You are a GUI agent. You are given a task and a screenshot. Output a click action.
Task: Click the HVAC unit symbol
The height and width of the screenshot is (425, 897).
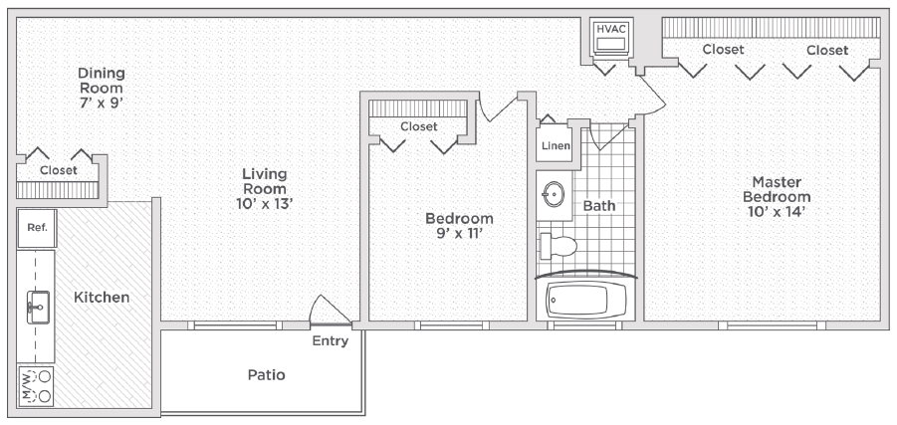(611, 38)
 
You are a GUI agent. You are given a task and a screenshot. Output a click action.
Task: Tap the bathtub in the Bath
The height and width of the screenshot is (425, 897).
(585, 300)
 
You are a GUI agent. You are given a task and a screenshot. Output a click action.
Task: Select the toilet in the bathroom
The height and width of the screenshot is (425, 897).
(559, 246)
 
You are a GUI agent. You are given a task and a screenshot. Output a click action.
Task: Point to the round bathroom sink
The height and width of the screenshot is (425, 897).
(554, 194)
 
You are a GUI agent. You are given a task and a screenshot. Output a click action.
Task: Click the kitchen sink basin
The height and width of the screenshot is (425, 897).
(38, 308)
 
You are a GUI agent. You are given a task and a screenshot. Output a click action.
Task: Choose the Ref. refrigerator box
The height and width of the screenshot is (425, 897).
(37, 228)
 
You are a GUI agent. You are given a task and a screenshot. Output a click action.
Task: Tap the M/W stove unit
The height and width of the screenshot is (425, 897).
(36, 386)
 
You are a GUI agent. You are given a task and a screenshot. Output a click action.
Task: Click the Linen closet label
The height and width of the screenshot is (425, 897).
(557, 146)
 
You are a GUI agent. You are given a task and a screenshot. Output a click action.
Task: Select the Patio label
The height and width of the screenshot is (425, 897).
(266, 375)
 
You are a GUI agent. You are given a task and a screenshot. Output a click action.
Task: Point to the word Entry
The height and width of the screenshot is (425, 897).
(331, 341)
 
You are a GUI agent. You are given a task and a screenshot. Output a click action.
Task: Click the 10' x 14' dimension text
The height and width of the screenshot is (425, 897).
(777, 211)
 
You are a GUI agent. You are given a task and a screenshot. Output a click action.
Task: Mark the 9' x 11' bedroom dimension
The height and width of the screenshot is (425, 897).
(459, 233)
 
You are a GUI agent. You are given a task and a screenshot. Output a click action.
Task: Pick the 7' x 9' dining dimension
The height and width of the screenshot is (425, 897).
(102, 104)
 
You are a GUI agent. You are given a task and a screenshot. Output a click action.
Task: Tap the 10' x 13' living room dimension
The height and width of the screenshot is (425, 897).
(264, 204)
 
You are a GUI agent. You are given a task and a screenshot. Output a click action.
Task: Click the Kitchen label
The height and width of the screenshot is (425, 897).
(102, 298)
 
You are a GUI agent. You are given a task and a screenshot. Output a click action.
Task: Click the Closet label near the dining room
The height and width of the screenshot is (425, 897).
(59, 170)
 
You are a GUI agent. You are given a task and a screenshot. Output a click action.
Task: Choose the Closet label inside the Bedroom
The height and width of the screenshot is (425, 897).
(419, 126)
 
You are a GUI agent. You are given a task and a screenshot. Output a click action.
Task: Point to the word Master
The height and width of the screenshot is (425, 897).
(777, 182)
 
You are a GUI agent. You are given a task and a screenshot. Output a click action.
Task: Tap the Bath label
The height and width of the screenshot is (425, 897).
(599, 205)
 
